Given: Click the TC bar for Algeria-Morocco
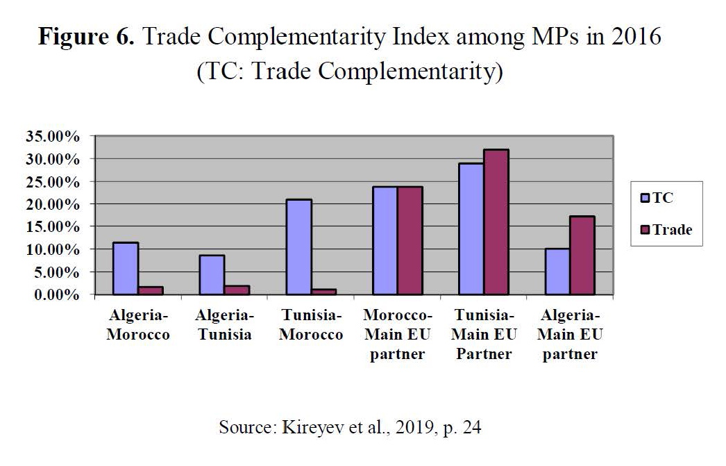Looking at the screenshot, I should click(126, 269).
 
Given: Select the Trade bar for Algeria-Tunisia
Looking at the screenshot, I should click(237, 290).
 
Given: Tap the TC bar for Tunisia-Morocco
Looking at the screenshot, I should click(298, 247).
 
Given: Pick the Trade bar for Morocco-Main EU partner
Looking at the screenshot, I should click(410, 241).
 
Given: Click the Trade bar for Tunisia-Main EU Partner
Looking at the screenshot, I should click(496, 222).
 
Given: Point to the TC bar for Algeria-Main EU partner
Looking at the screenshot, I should click(557, 272).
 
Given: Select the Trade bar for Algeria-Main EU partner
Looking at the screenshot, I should click(582, 256).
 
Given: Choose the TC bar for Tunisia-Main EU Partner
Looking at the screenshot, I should click(471, 229).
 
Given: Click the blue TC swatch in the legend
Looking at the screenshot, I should click(645, 199).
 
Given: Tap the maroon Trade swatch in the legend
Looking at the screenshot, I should click(645, 230).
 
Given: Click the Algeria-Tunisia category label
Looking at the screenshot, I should click(224, 325).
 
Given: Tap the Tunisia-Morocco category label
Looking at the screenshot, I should click(311, 325).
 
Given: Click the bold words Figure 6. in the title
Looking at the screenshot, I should click(86, 38).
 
